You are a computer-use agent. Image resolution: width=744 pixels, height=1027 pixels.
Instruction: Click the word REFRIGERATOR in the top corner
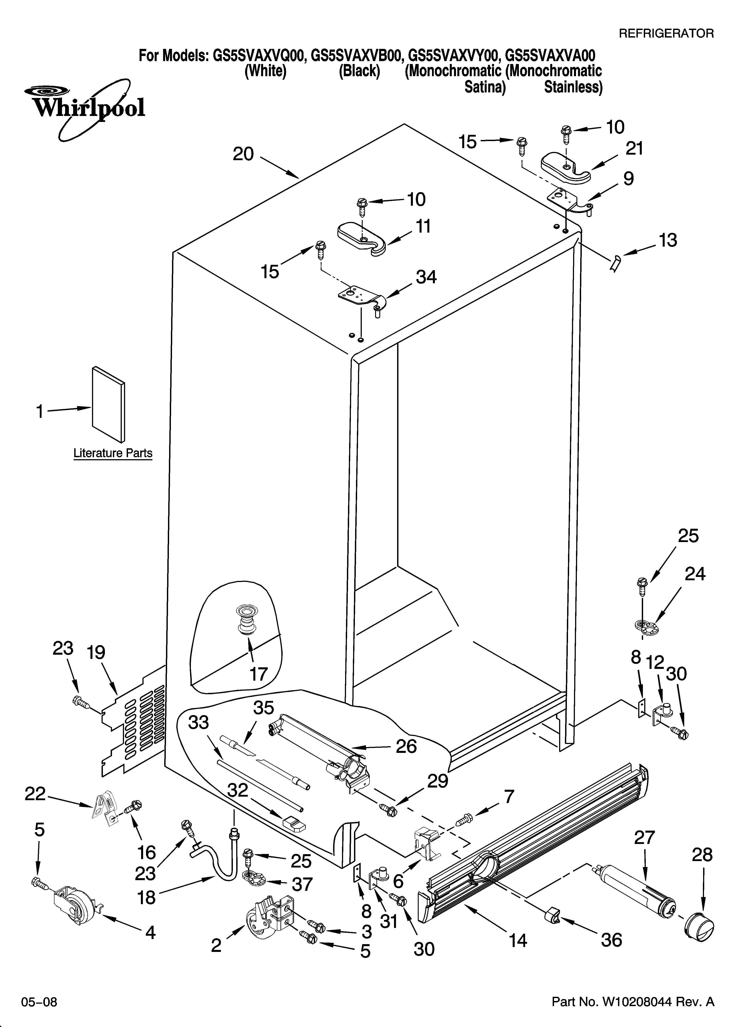(x=666, y=33)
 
